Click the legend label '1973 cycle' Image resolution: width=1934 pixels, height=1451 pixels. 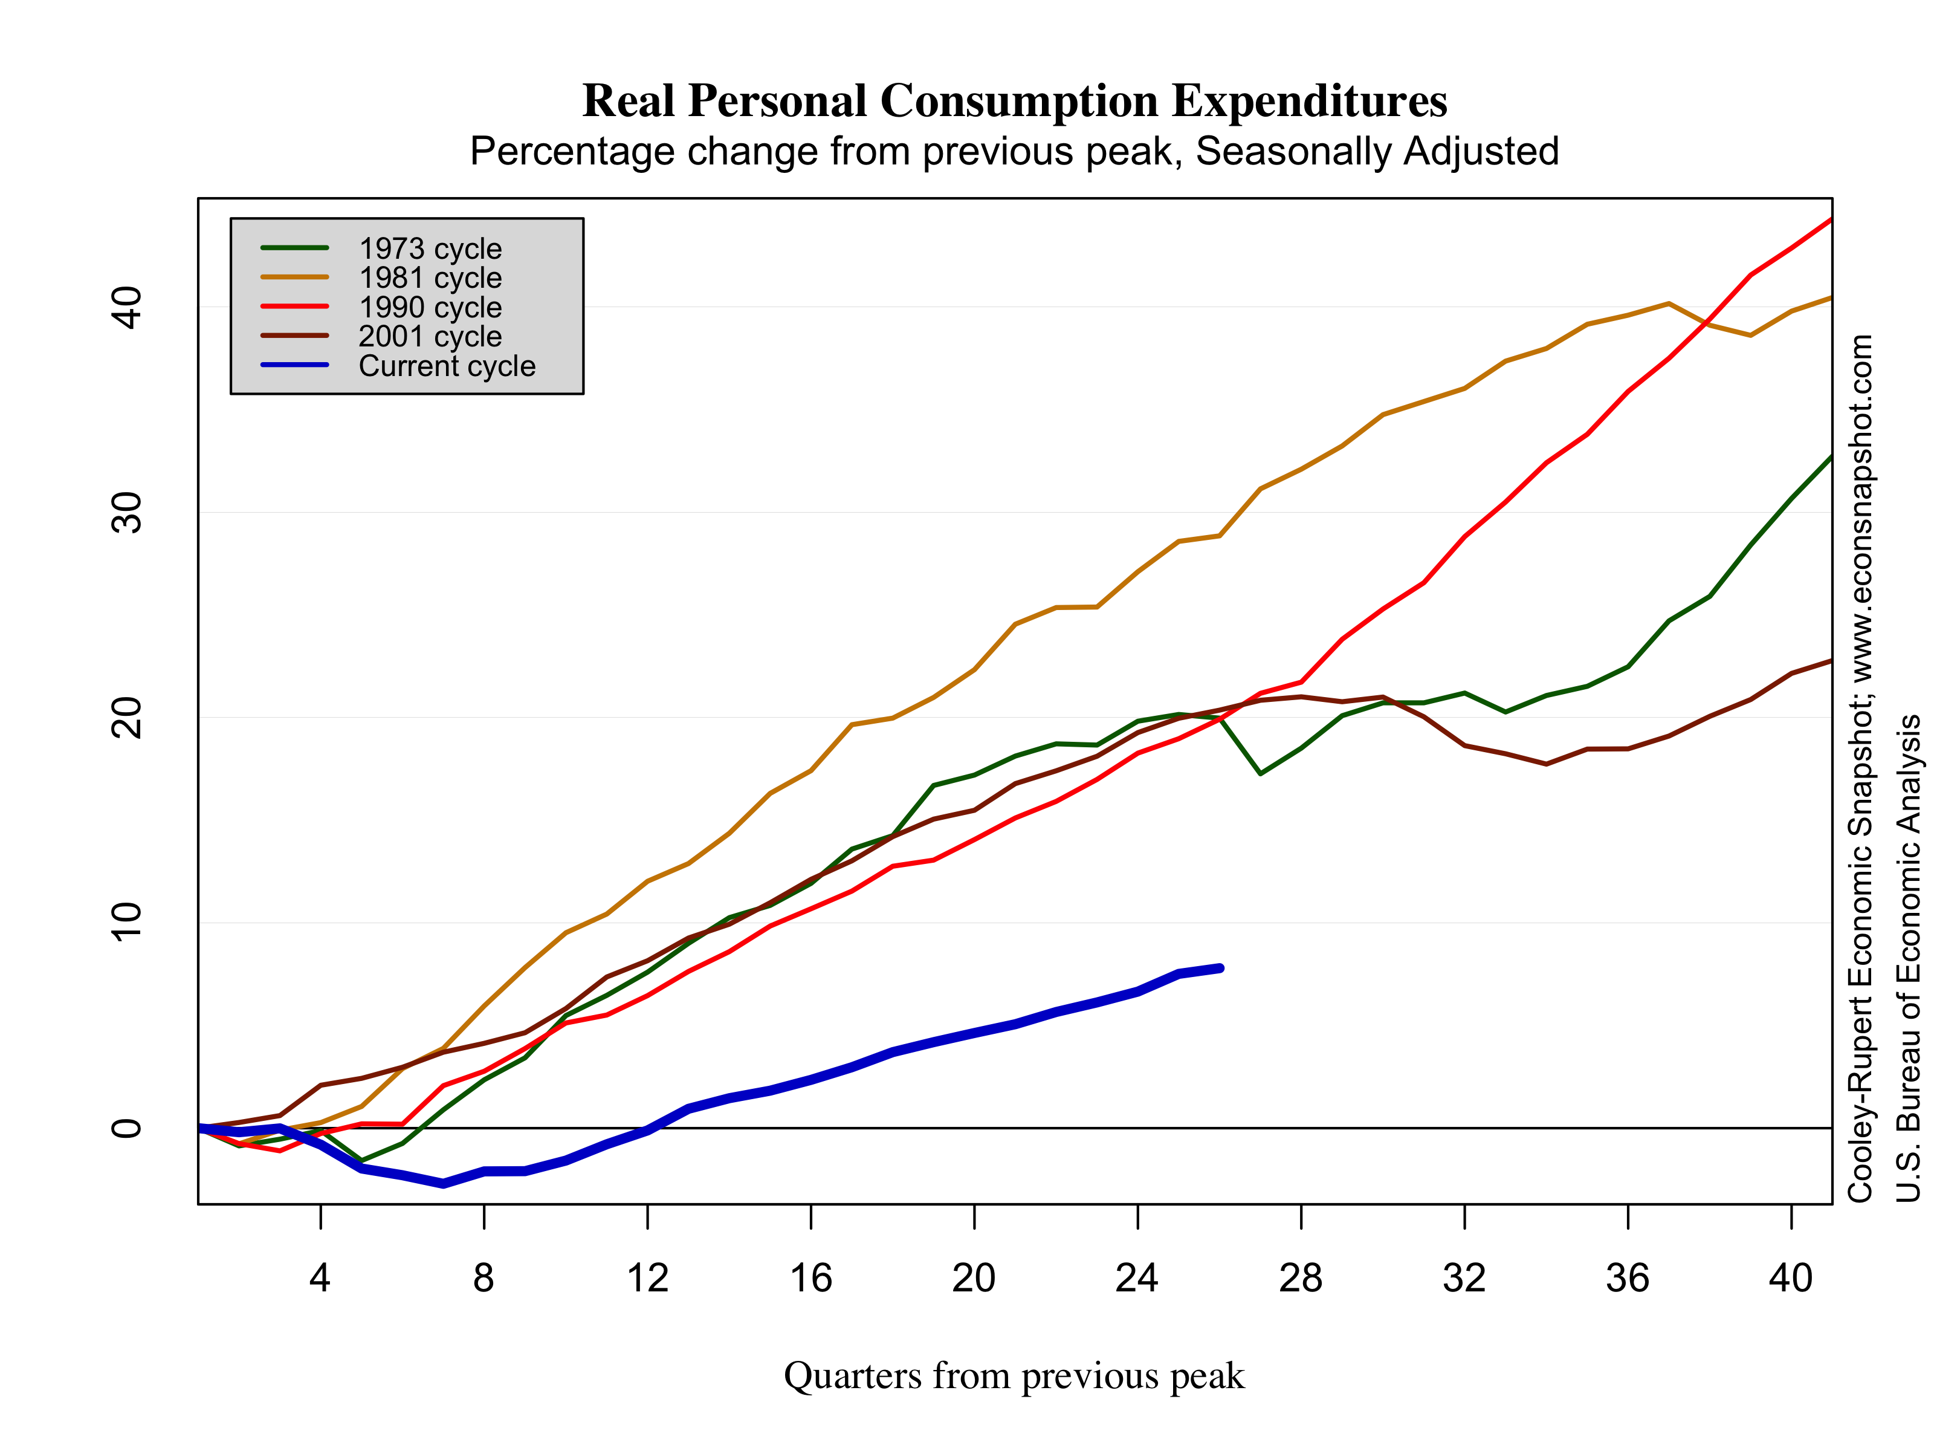point(430,249)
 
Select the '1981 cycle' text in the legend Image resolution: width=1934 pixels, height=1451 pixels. point(430,278)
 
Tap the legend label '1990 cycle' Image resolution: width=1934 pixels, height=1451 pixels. point(430,308)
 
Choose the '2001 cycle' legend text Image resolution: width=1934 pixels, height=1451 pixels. point(430,337)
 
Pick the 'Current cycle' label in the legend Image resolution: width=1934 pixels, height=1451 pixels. point(447,366)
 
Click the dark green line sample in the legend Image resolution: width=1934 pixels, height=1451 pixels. point(295,248)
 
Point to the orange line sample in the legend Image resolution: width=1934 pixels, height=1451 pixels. point(295,278)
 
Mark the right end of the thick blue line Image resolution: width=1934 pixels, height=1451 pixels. point(1220,968)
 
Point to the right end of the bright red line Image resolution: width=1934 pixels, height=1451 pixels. point(1829,221)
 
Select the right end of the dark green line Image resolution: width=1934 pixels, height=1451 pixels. point(1829,458)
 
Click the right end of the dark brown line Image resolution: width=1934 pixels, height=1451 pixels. point(1829,662)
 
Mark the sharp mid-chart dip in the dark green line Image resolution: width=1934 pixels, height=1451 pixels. point(1260,774)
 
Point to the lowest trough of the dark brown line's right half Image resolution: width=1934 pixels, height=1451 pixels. point(1546,764)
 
